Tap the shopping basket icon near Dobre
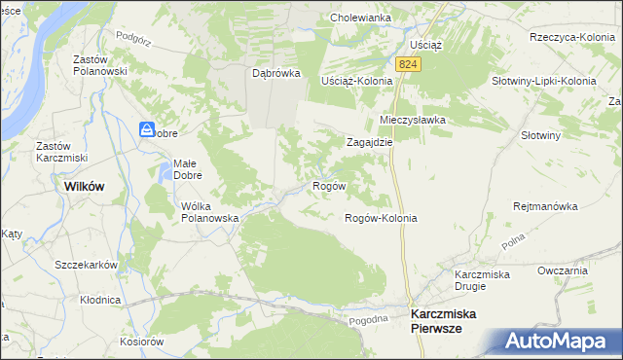point(146,128)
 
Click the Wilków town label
point(84,185)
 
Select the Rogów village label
point(327,185)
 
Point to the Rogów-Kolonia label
point(381,218)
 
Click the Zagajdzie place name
point(370,141)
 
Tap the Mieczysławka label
point(412,120)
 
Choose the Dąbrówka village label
point(275,73)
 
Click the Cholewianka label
point(360,18)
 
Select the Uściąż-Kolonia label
point(356,81)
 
